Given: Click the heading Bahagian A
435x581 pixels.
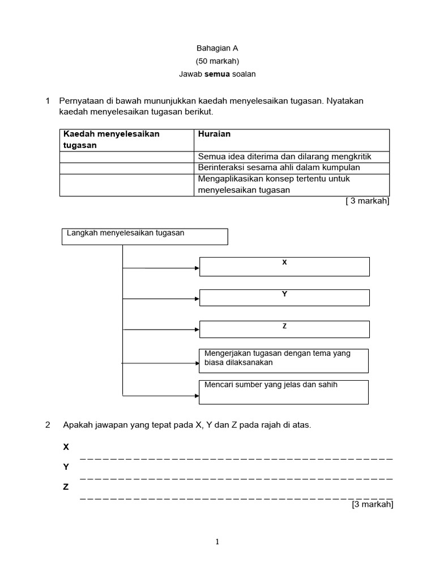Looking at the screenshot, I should coord(217,49).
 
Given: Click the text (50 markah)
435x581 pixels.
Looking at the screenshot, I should coord(217,61).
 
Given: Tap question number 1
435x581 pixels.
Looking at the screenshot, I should coord(48,101).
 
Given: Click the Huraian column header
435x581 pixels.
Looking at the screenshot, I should coord(214,134).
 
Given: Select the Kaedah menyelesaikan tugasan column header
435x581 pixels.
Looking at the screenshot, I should coord(112,140).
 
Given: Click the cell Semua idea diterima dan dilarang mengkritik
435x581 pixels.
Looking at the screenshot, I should coord(292,157).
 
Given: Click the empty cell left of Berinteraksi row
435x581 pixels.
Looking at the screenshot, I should coord(126,168).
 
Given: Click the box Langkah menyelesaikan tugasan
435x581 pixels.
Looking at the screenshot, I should coord(144,236).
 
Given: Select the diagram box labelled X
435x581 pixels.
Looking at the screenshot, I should coord(284,266).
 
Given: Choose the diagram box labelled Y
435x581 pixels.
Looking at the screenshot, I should coord(284,297).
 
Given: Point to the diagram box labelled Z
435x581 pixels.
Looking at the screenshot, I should coord(284,329).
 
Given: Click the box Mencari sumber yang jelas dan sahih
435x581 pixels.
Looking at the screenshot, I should coord(284,391).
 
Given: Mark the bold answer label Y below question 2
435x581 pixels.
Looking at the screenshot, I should coord(66,467).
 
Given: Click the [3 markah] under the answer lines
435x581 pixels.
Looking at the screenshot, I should coord(372,504).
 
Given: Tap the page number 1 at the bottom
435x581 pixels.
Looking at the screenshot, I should coord(217,542).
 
